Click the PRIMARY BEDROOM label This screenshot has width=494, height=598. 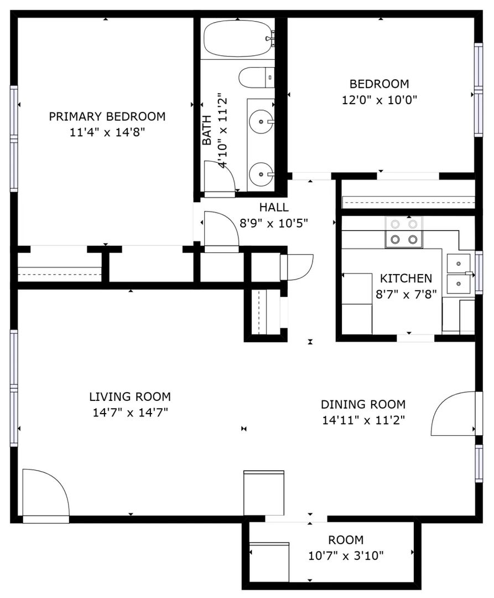click(107, 116)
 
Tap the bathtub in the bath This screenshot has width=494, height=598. click(238, 39)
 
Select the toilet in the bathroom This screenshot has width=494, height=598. click(256, 78)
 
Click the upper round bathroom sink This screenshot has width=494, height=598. click(261, 122)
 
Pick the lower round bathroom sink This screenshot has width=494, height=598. click(261, 174)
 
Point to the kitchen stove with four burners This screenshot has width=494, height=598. click(404, 232)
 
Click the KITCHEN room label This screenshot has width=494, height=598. click(406, 279)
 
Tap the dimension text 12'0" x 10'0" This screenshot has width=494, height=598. click(379, 100)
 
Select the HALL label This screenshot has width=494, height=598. click(274, 208)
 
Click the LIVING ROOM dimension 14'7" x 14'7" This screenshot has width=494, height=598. click(130, 413)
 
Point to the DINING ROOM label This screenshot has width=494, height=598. click(363, 404)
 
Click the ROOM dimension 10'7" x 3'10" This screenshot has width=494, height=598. click(346, 556)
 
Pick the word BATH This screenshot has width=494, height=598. click(206, 130)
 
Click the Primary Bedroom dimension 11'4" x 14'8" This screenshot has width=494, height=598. click(107, 133)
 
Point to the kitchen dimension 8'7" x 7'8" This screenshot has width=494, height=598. click(406, 295)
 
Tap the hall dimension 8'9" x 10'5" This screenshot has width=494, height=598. click(273, 223)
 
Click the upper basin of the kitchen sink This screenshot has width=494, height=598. click(459, 264)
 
